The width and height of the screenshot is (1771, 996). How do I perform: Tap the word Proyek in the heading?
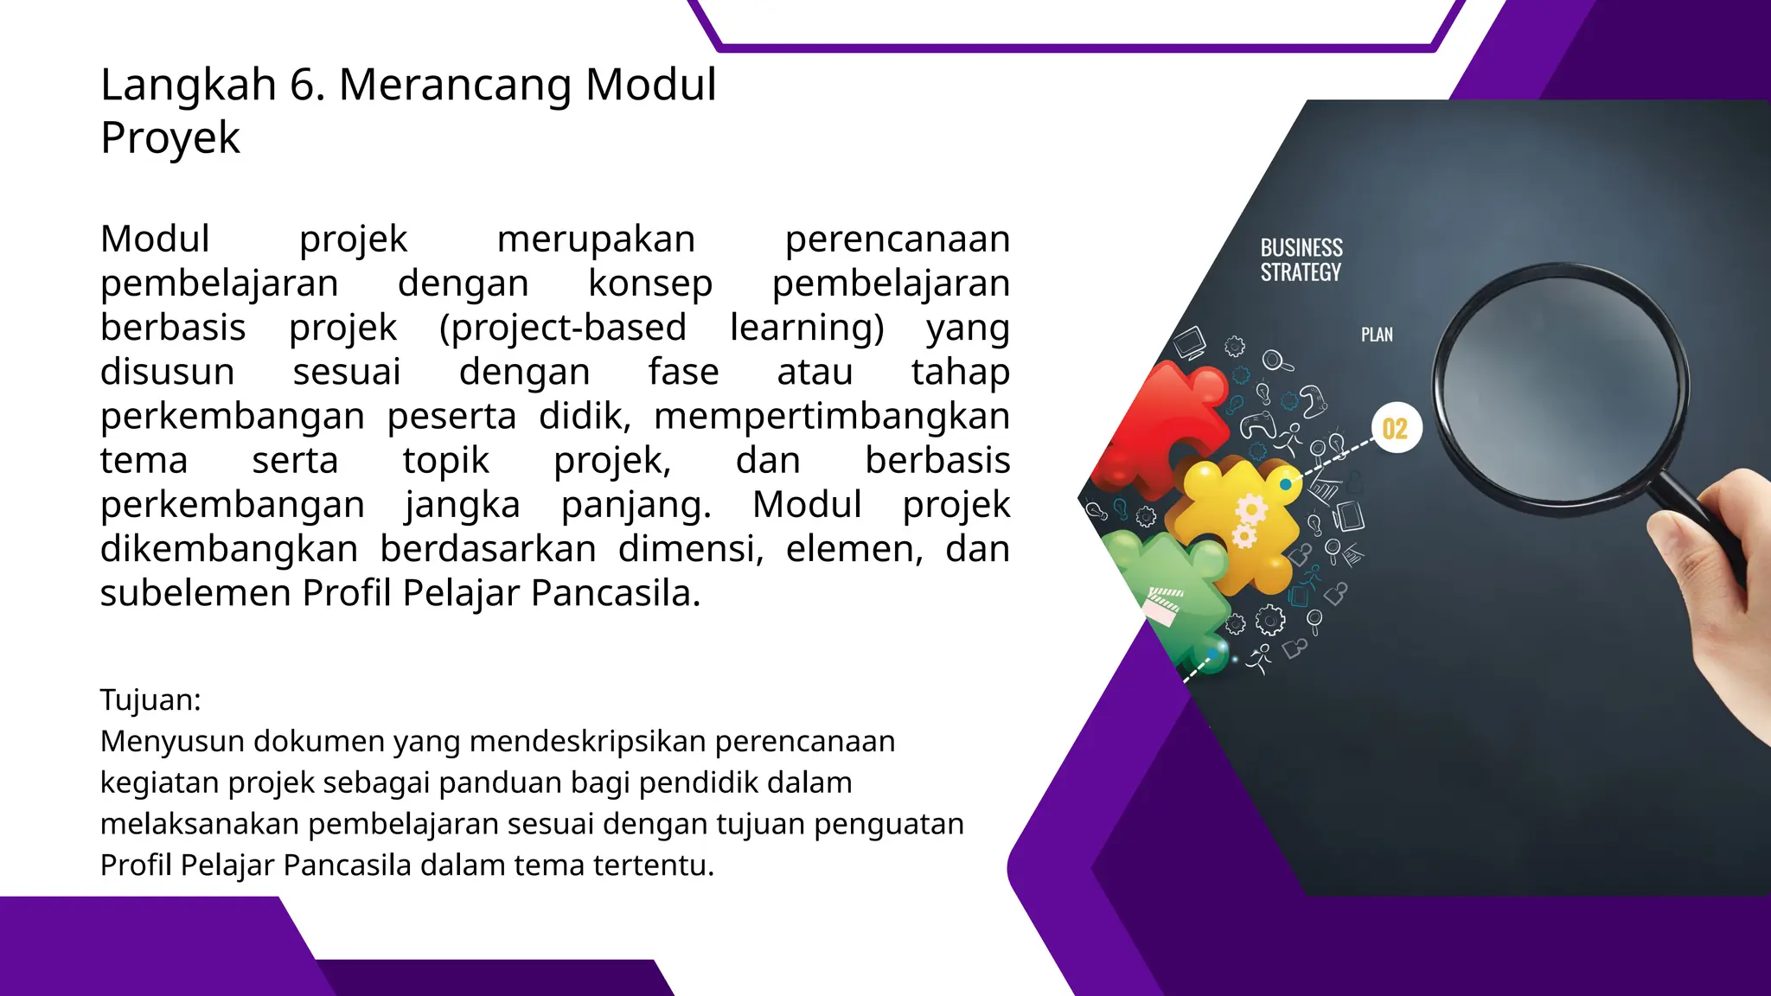(170, 138)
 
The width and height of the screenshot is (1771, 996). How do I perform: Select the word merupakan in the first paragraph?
(596, 239)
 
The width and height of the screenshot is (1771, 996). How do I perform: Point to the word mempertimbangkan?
(831, 417)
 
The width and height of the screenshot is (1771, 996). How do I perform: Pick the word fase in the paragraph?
(683, 373)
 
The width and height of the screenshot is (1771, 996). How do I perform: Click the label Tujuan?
(150, 699)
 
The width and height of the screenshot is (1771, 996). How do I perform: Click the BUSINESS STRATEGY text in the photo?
(1301, 260)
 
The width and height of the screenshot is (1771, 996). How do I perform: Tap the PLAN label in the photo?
(1377, 335)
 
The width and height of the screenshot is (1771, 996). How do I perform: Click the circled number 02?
(1395, 429)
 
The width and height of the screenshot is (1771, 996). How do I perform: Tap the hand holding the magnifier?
(1721, 597)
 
